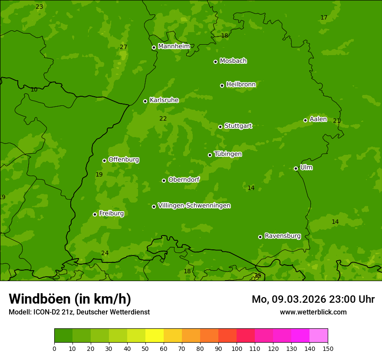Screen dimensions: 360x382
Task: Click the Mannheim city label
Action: (x=174, y=46)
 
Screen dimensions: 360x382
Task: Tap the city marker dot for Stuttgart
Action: (x=220, y=127)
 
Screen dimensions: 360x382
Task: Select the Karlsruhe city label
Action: (x=164, y=100)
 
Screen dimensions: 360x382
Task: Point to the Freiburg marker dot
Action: (x=95, y=214)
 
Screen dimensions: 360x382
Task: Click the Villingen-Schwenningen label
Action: (x=194, y=205)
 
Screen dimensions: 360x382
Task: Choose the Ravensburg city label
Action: (x=282, y=236)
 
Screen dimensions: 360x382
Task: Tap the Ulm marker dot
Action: (x=296, y=168)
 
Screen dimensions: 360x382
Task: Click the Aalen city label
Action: (x=318, y=119)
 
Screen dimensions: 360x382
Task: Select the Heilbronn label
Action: (x=240, y=84)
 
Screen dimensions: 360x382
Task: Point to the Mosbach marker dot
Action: (x=215, y=62)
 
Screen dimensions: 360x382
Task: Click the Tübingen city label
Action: (x=227, y=154)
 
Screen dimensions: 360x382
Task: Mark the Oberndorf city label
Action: (x=184, y=179)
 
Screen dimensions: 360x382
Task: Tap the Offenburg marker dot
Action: (x=104, y=160)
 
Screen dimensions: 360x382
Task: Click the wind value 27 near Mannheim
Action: (x=124, y=47)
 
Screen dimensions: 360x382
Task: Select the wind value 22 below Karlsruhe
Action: (x=163, y=118)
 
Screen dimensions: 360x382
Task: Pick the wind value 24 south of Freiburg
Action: (x=105, y=253)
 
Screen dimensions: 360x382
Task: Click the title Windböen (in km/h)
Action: (x=70, y=299)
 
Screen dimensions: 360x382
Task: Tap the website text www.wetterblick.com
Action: (x=313, y=312)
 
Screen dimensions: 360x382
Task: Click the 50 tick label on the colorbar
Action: (x=145, y=348)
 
